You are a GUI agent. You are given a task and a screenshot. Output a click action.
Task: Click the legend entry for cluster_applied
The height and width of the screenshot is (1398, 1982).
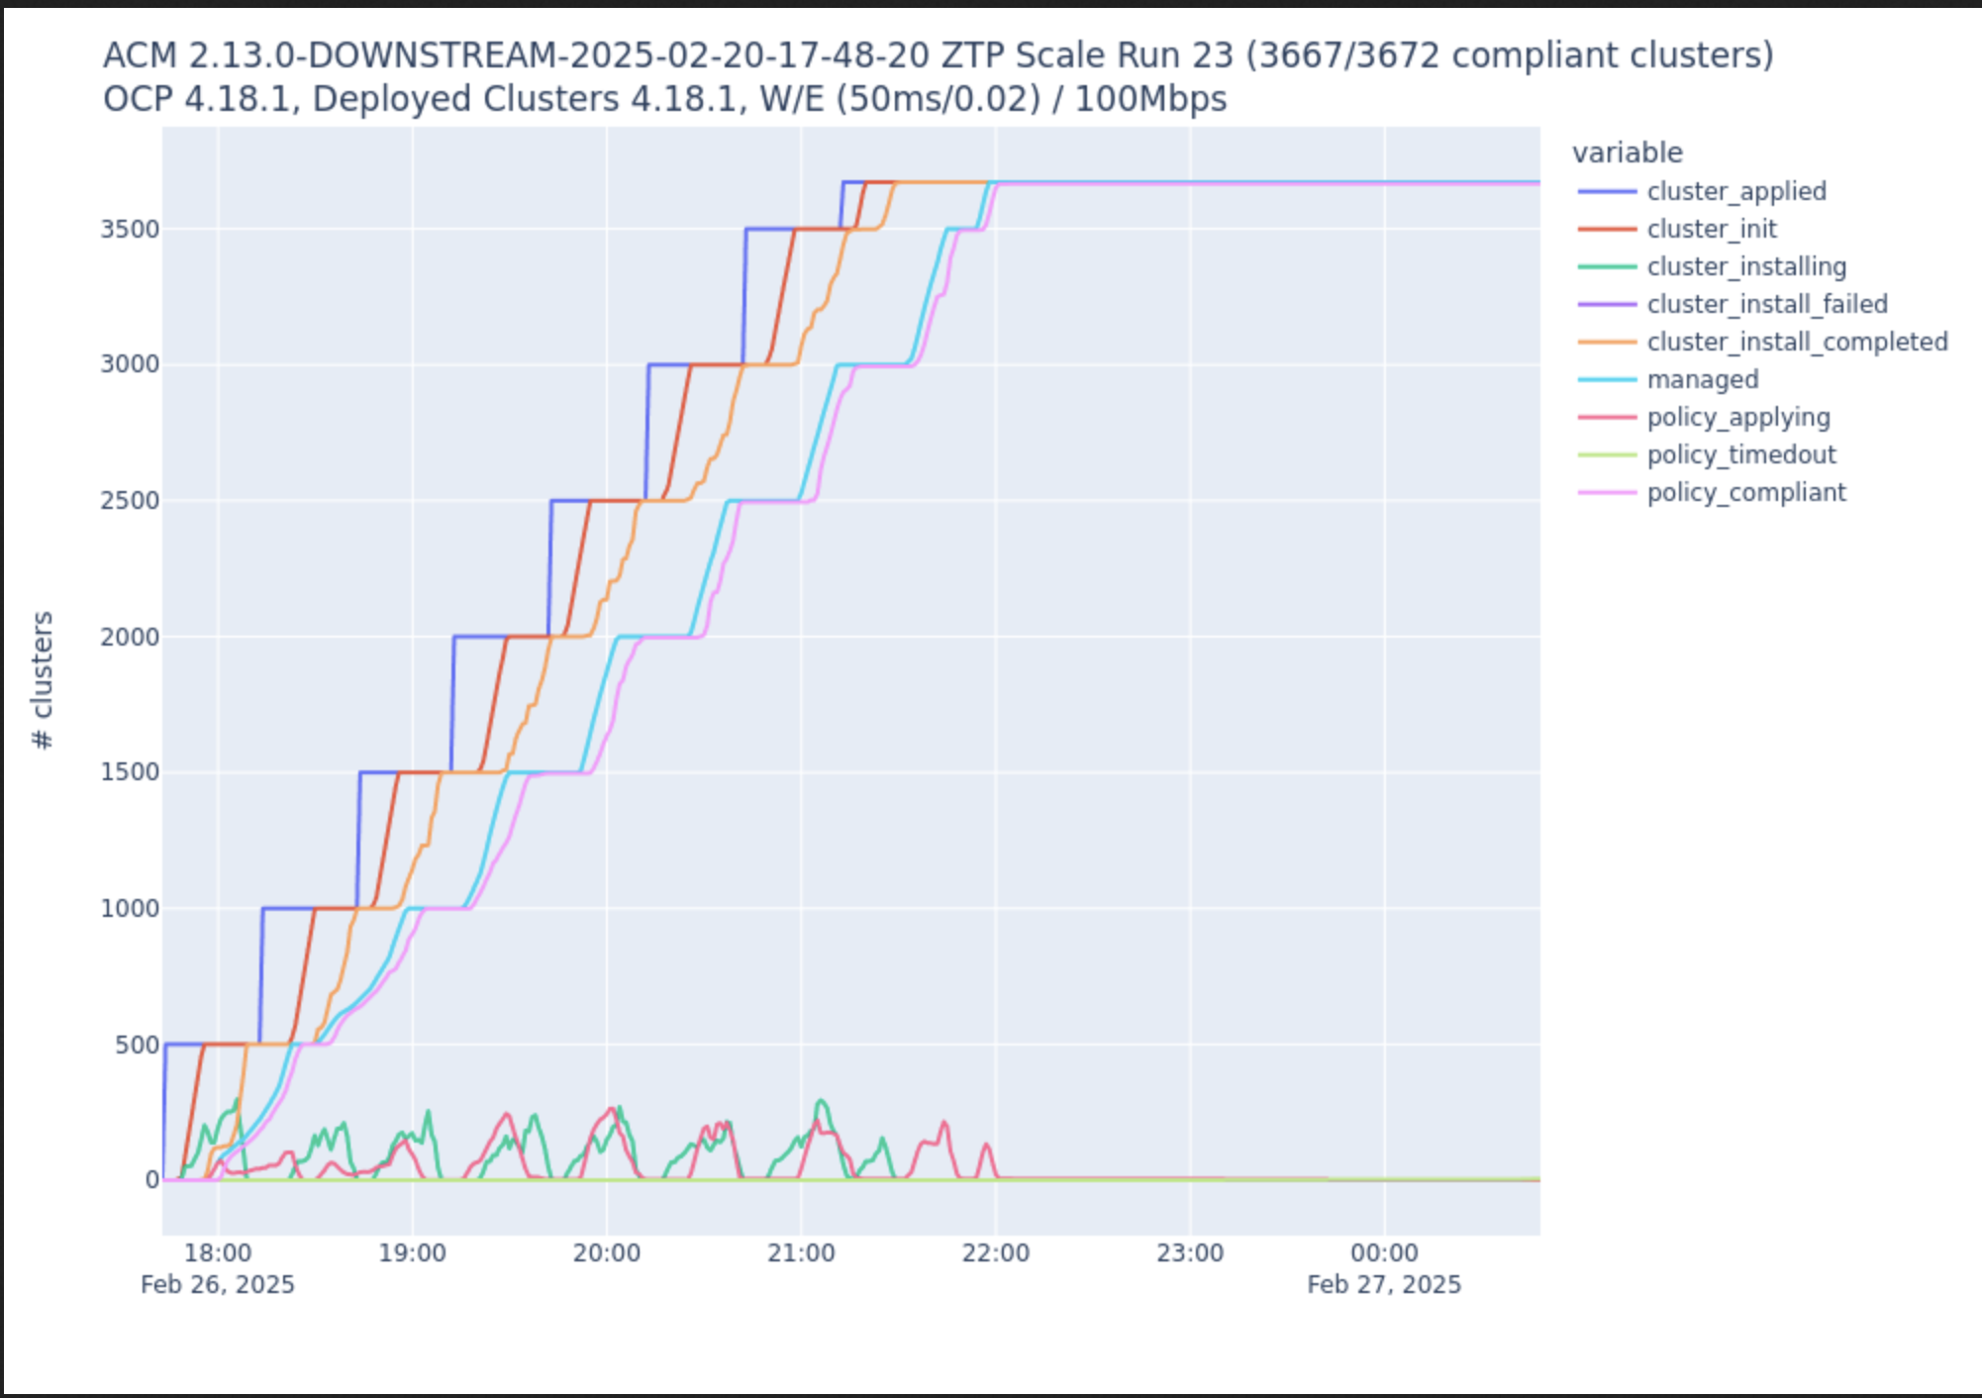[x=1735, y=191]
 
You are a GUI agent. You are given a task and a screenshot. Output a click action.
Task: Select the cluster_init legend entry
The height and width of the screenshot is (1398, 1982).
[x=1711, y=229]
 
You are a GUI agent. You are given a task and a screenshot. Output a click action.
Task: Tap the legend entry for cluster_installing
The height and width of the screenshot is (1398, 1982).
[x=1746, y=266]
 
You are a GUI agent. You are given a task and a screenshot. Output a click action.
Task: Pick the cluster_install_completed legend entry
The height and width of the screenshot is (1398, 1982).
[x=1797, y=342]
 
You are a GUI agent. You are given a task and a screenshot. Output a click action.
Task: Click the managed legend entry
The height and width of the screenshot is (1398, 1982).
[x=1702, y=379]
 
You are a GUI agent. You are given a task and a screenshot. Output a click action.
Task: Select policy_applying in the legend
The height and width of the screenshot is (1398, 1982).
[x=1737, y=417]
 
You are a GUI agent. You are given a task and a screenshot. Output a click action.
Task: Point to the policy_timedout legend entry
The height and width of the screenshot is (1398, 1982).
[x=1740, y=454]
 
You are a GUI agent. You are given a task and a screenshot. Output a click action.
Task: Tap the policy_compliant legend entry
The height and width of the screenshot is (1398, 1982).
[x=1745, y=492]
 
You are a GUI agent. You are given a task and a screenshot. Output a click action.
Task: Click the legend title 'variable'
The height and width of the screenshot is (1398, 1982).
[x=1627, y=152]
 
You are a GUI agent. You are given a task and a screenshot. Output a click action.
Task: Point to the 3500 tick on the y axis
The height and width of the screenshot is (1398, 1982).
[x=130, y=230]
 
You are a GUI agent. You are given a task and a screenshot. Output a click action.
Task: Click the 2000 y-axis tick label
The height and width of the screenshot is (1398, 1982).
[x=130, y=637]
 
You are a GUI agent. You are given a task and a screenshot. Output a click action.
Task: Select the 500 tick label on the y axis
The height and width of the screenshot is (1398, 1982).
[x=137, y=1045]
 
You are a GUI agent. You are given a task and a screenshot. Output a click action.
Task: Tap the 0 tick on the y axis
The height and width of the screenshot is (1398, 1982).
[x=151, y=1180]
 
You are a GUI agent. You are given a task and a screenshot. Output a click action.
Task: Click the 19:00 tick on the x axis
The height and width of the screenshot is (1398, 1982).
[x=412, y=1252]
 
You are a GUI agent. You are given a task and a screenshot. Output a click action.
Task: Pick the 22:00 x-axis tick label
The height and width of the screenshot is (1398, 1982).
[x=995, y=1252]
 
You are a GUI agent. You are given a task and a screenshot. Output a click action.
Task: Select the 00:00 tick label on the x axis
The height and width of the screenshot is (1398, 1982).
[x=1384, y=1252]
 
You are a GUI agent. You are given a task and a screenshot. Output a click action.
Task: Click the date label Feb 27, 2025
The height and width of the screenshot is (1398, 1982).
[x=1384, y=1284]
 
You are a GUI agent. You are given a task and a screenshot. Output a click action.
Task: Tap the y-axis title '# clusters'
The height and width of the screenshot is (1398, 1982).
[x=43, y=680]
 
